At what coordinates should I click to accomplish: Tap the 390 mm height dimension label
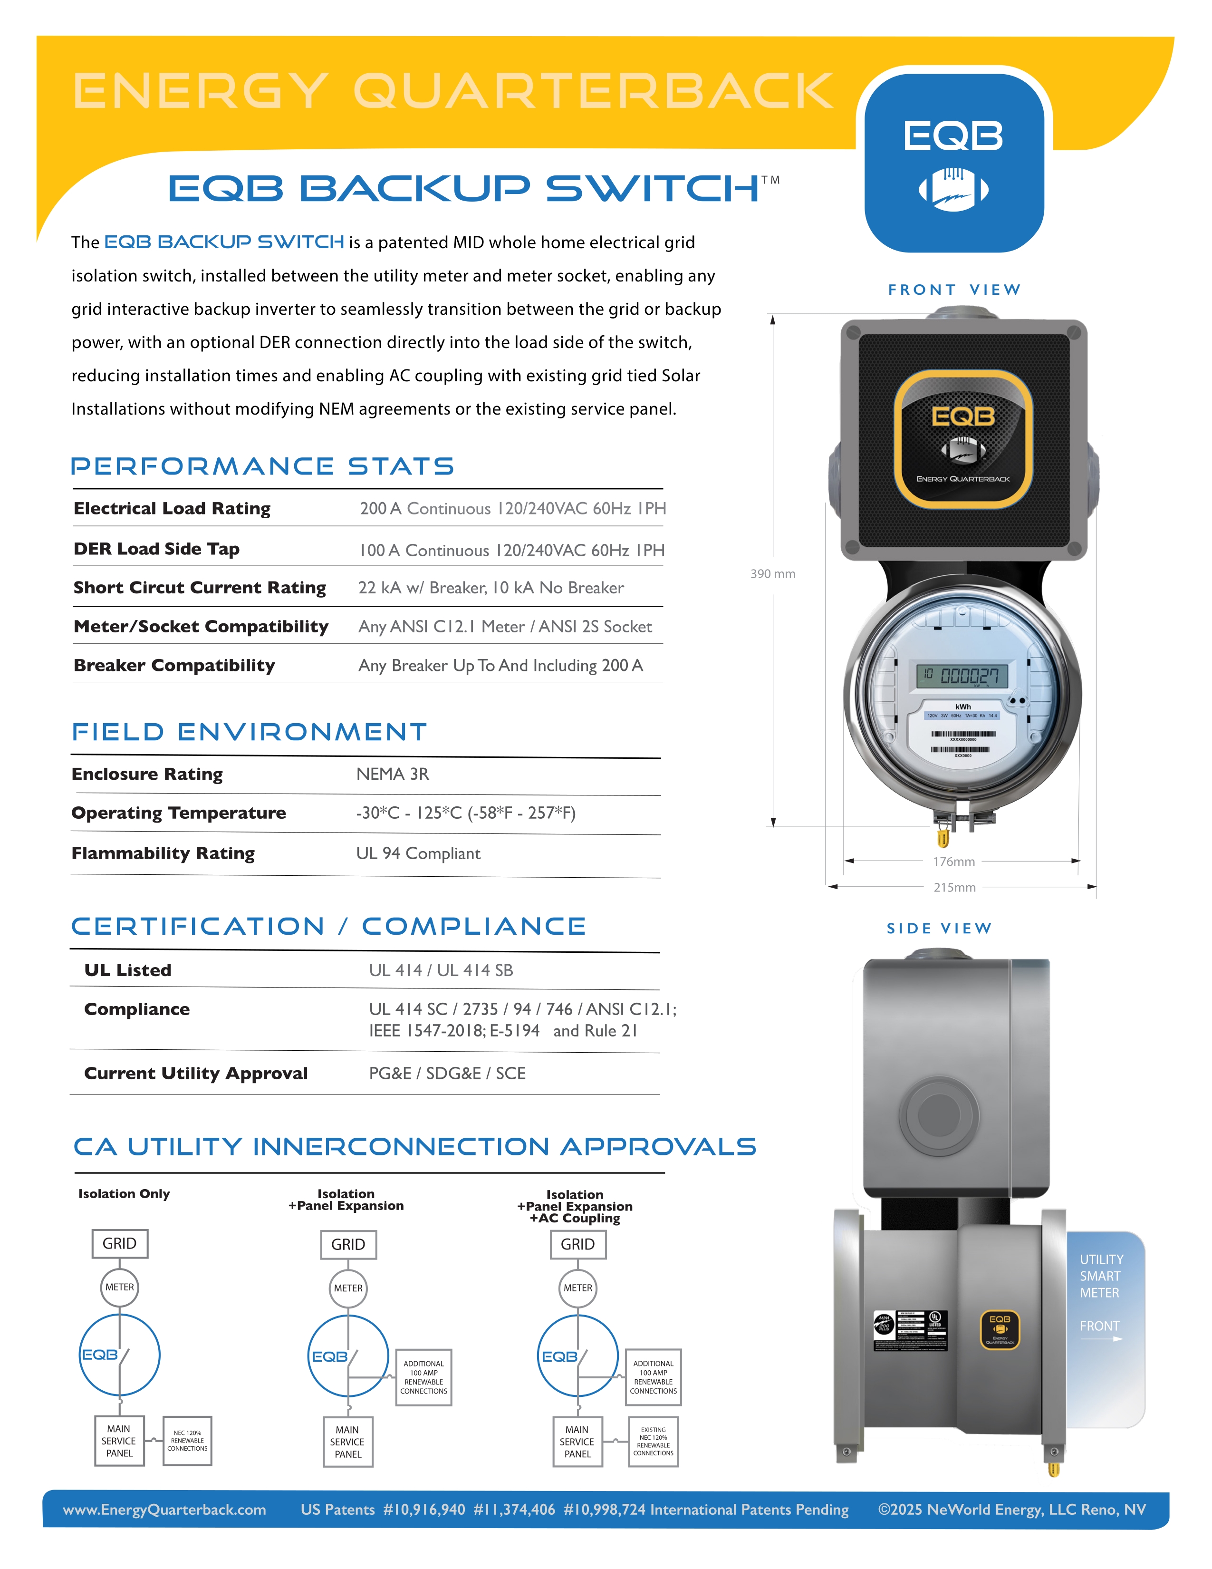(x=772, y=573)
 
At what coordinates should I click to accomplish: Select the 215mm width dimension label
(x=954, y=887)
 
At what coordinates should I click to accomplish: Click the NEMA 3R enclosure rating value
(x=393, y=774)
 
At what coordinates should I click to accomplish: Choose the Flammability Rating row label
(x=163, y=853)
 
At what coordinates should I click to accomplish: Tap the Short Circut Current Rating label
(x=200, y=588)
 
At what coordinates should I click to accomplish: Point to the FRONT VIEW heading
(x=954, y=290)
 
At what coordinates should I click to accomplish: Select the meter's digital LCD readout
(x=962, y=675)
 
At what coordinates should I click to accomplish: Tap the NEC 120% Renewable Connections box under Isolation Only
(x=187, y=1441)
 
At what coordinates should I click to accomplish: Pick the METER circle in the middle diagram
(x=348, y=1288)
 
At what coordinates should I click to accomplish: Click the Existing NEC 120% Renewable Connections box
(x=654, y=1441)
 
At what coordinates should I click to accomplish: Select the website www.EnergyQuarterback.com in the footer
(x=164, y=1510)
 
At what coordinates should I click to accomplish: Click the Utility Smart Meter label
(x=1101, y=1276)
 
